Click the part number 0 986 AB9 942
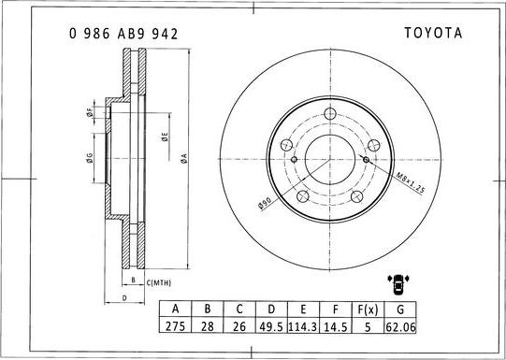[x=123, y=33]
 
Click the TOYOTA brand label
[x=432, y=33]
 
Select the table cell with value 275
[x=174, y=327]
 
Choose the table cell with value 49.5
[x=272, y=327]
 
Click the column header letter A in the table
[x=174, y=310]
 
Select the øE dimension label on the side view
[x=165, y=137]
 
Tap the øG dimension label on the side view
[x=89, y=158]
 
